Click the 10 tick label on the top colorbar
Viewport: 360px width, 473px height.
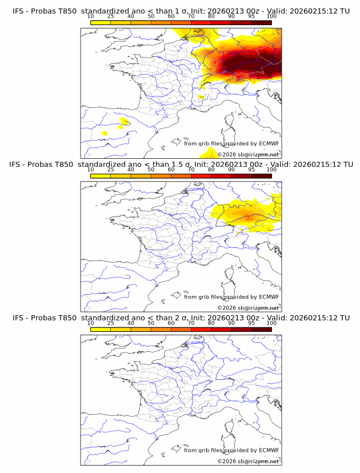pyautogui.click(x=91, y=17)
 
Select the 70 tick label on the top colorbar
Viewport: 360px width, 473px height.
pyautogui.click(x=191, y=17)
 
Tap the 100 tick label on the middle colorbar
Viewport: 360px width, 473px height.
pyautogui.click(x=271, y=170)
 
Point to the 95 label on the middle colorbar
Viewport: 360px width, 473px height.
pyautogui.click(x=251, y=170)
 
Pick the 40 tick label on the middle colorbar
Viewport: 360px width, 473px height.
pyautogui.click(x=131, y=170)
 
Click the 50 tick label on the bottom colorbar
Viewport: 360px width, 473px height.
pyautogui.click(x=151, y=323)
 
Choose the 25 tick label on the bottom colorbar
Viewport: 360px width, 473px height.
pyautogui.click(x=111, y=323)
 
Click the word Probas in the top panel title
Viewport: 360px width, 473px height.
pyautogui.click(x=45, y=11)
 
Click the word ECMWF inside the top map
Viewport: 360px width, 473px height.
pyautogui.click(x=269, y=144)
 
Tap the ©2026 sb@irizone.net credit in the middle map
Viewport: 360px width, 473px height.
pyautogui.click(x=248, y=307)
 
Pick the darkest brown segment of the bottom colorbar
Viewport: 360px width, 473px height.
pyautogui.click(x=261, y=329)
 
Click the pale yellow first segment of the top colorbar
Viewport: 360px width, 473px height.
pyautogui.click(x=101, y=23)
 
